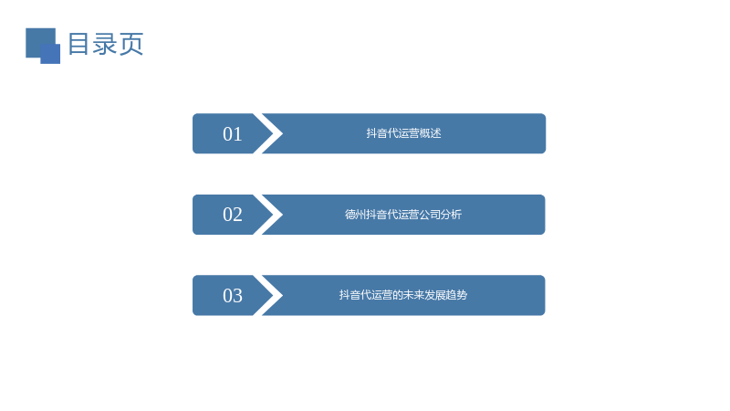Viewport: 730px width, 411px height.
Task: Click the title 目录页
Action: point(106,44)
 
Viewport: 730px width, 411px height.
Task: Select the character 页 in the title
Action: point(131,44)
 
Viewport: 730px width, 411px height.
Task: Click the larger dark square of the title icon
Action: point(40,42)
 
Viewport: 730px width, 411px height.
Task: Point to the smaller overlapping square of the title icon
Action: point(50,54)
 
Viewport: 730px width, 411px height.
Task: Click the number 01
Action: point(233,134)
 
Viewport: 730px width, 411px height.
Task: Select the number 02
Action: point(233,215)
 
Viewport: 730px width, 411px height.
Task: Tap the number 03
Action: point(233,295)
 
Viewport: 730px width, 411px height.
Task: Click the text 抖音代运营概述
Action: point(403,133)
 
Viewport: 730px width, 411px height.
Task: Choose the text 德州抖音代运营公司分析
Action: point(403,215)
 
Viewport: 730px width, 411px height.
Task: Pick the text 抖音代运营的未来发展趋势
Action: point(403,295)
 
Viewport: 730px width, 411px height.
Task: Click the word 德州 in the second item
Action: point(355,215)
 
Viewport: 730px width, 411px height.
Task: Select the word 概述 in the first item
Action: point(431,133)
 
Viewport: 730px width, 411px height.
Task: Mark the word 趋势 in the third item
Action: point(457,295)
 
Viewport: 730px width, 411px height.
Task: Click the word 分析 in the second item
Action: point(451,215)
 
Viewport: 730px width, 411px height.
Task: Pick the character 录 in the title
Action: point(105,44)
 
